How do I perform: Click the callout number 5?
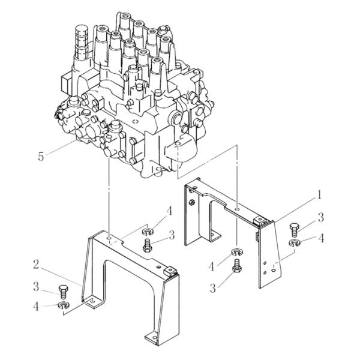point(41,157)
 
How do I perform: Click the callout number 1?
point(319,195)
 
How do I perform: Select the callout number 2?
point(36,265)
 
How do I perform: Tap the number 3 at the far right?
point(320,217)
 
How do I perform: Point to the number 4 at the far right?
point(321,238)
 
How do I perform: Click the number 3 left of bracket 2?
point(36,287)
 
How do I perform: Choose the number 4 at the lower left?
point(36,306)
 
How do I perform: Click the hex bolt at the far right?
point(294,230)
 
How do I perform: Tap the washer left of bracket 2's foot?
point(64,305)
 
